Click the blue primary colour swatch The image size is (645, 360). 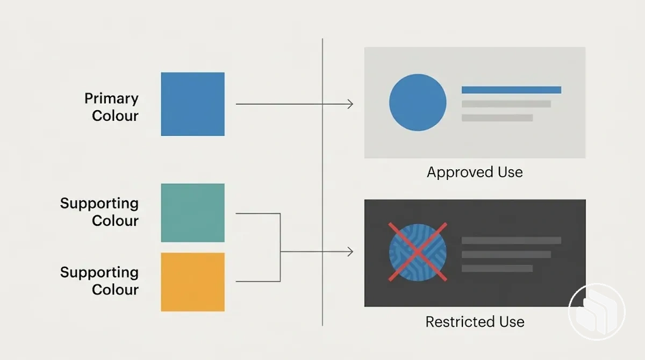click(192, 104)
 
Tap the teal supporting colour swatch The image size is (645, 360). click(192, 213)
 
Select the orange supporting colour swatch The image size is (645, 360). click(192, 282)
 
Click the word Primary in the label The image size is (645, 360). click(111, 99)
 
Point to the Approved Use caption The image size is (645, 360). click(475, 172)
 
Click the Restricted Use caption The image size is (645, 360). click(475, 322)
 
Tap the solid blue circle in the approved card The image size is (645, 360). click(418, 103)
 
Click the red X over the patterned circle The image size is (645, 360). click(418, 252)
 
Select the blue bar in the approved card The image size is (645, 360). click(511, 90)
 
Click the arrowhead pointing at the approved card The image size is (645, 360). click(350, 104)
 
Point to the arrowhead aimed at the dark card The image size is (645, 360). click(350, 252)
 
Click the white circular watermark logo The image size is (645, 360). click(597, 312)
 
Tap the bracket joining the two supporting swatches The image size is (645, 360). click(280, 248)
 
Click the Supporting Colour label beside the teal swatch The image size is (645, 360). click(99, 212)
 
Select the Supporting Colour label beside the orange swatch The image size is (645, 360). click(99, 281)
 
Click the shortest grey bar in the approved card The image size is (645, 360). click(497, 118)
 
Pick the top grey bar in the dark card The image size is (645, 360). click(511, 240)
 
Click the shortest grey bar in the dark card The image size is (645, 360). click(497, 268)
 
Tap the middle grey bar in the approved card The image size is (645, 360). click(506, 104)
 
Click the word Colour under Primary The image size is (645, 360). click(115, 116)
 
